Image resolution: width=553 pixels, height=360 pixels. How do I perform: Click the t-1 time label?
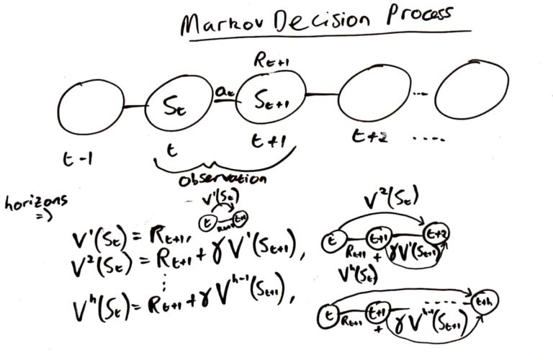[x=73, y=163]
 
